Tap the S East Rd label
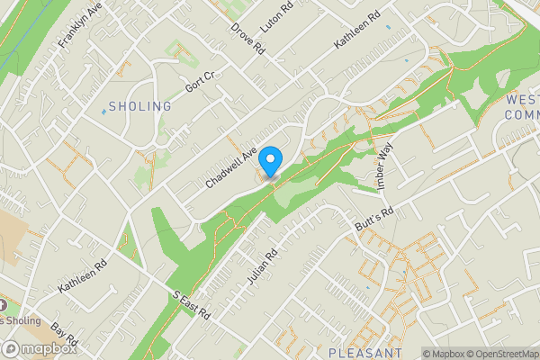(190, 304)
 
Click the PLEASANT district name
(364, 353)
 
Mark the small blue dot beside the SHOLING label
(103, 112)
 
